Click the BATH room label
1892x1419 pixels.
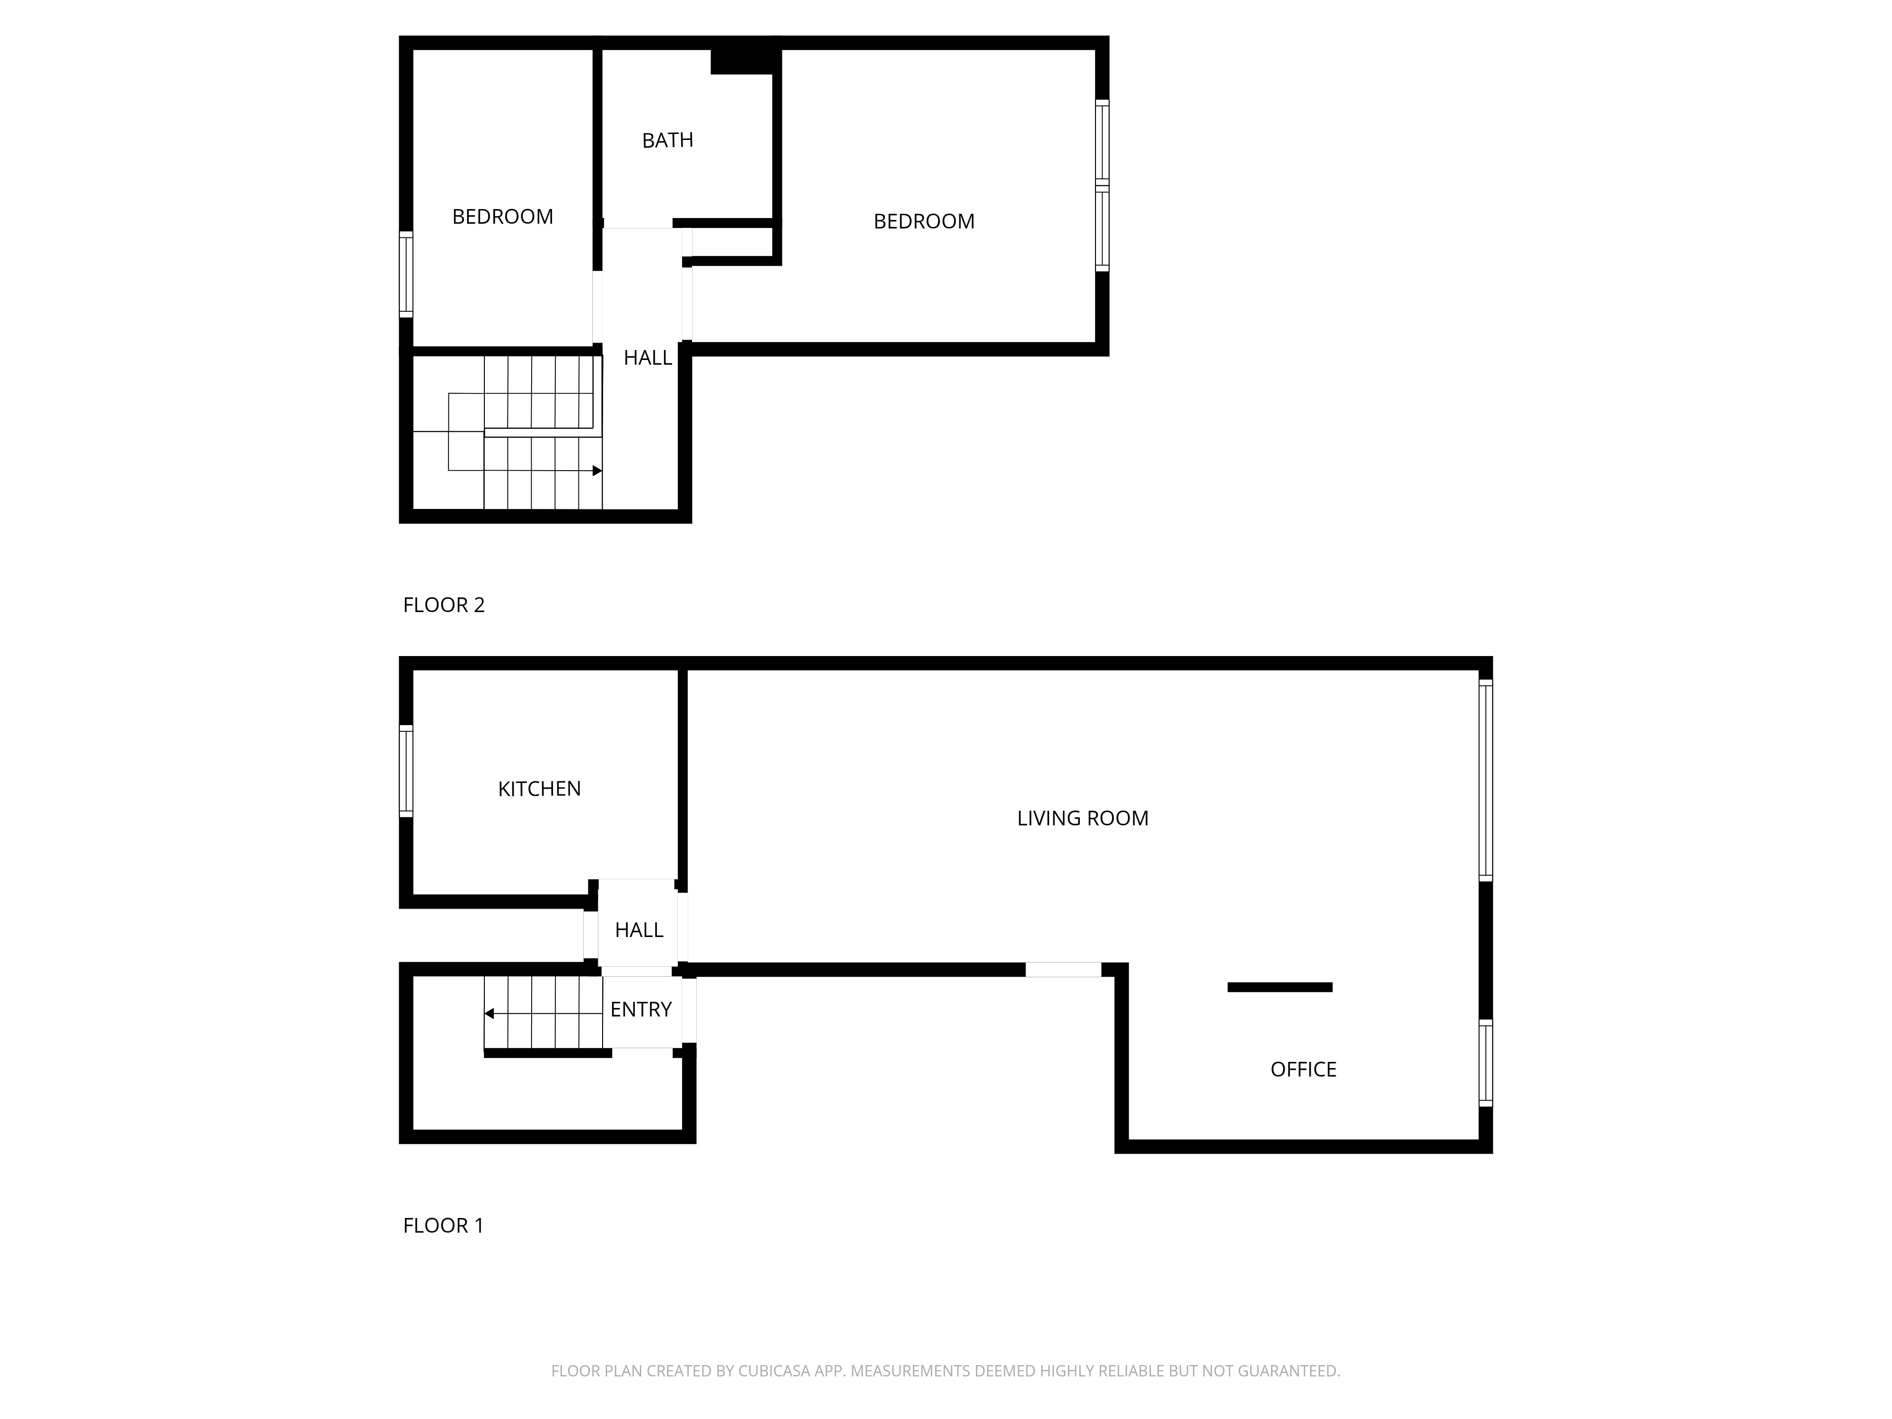pos(667,140)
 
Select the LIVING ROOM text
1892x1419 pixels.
pos(1082,819)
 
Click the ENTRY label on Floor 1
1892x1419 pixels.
pos(640,1009)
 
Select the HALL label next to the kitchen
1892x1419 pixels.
pos(639,930)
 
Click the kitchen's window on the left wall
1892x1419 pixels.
pos(406,771)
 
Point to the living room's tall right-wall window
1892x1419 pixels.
pos(1486,780)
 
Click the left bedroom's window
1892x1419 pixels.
pos(406,274)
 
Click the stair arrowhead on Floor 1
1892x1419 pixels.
pos(489,1014)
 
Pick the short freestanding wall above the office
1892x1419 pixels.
pos(1279,987)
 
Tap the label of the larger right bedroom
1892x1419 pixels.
pos(924,221)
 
